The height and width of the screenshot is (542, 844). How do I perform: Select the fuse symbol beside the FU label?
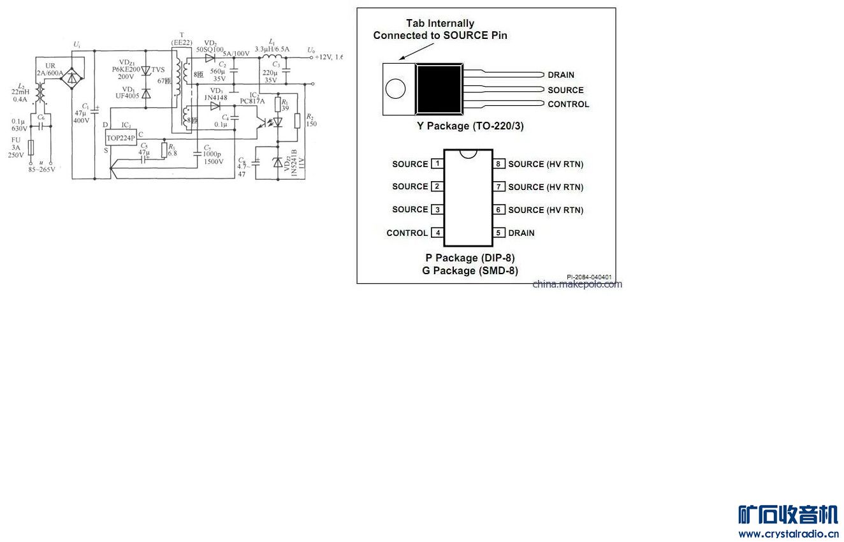[x=31, y=148]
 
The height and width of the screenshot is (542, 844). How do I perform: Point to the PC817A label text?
[x=252, y=101]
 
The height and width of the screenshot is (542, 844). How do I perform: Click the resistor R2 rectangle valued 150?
[x=297, y=119]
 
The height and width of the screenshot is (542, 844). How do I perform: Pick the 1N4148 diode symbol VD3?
[x=215, y=106]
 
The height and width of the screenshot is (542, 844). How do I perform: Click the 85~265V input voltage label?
[x=41, y=169]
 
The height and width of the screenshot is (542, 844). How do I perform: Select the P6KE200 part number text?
[x=126, y=69]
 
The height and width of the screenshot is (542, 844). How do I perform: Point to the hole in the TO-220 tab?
[x=396, y=89]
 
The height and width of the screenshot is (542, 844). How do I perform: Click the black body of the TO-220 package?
[x=439, y=89]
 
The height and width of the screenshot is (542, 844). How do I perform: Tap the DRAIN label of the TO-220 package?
[x=561, y=75]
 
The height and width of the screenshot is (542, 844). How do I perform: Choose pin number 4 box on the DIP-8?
[x=437, y=233]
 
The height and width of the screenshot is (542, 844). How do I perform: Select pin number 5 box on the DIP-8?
[x=499, y=233]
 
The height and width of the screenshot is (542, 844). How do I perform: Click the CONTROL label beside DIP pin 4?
[x=407, y=233]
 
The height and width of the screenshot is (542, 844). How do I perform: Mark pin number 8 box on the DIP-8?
[x=499, y=164]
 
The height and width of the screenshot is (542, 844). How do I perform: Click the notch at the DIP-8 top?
[x=469, y=153]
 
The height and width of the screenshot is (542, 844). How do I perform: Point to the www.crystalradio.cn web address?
[x=789, y=534]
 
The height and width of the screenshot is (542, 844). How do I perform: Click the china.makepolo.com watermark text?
[x=577, y=284]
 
